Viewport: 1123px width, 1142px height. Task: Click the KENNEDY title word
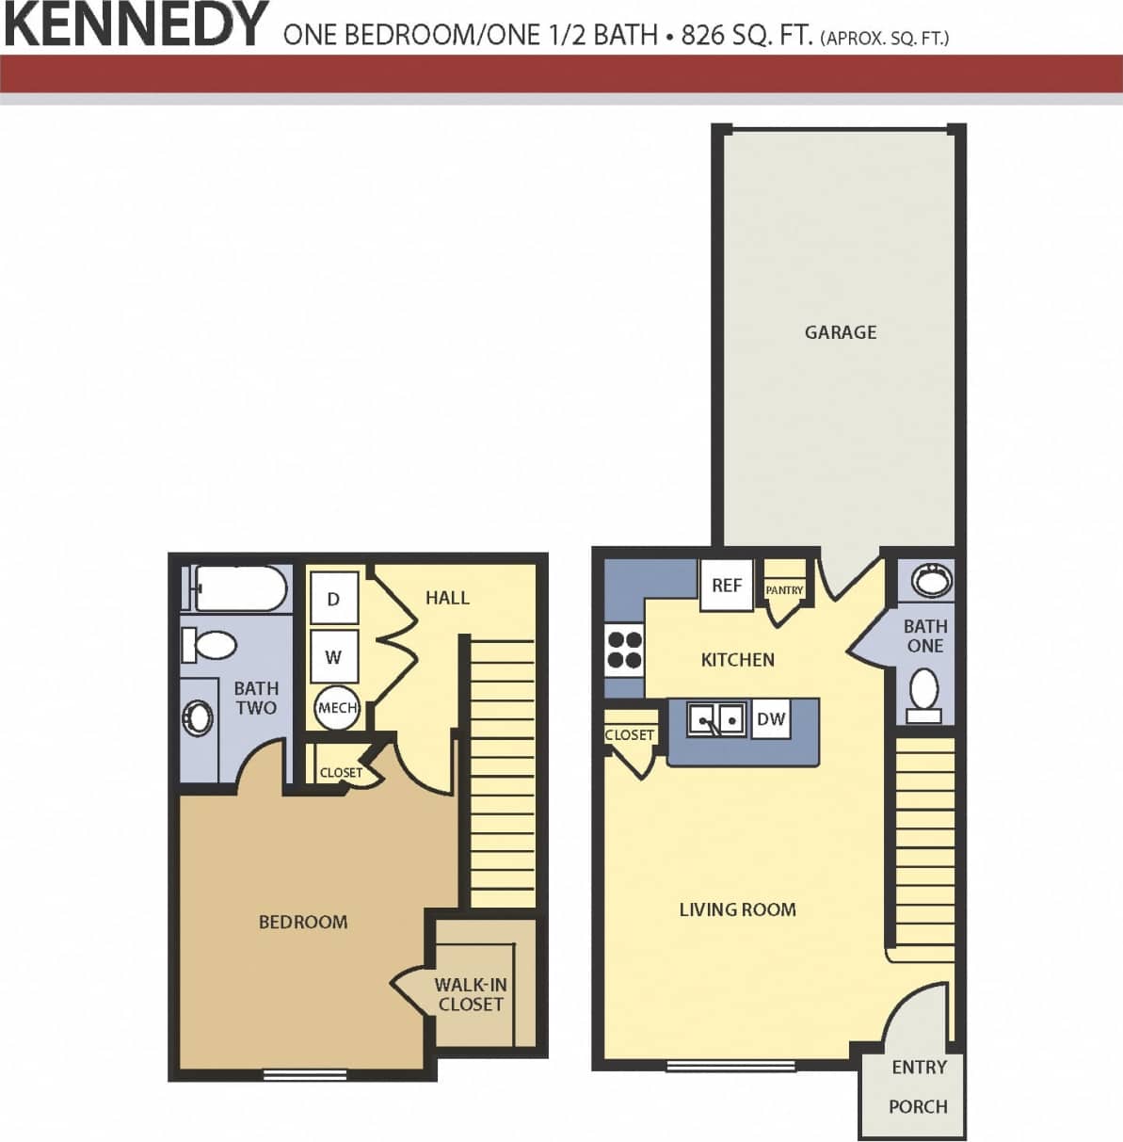tap(136, 25)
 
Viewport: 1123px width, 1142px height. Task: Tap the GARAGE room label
tap(840, 331)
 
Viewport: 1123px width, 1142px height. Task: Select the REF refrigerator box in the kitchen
tap(727, 585)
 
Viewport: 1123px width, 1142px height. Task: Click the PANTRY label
tap(785, 590)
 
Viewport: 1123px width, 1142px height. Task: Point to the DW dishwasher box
tap(771, 720)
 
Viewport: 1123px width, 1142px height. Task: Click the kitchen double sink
tap(716, 720)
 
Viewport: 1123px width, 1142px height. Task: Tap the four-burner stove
tap(624, 649)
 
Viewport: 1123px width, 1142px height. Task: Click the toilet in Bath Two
tap(209, 645)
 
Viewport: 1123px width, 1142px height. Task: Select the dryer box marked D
tap(333, 599)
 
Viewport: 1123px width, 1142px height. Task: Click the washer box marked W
tap(333, 657)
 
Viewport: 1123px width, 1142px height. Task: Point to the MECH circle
tap(337, 708)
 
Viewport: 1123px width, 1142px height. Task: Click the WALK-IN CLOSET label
tap(471, 994)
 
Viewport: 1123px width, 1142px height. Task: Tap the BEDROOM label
tap(303, 922)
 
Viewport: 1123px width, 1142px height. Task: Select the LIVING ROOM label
tap(737, 909)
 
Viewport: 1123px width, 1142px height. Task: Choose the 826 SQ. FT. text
tap(746, 37)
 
